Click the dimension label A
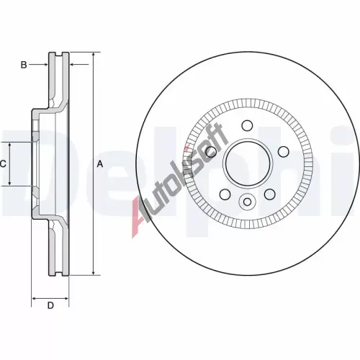pos(99,164)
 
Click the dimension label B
pos(24,65)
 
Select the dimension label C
pos(3,164)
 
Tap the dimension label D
pos(50,305)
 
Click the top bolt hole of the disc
pos(247,125)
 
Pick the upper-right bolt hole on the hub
pos(284,152)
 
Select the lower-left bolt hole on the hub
pos(225,194)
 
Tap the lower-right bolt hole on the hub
pos(269,194)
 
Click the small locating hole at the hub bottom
pos(247,202)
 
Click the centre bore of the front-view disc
pos(247,163)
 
